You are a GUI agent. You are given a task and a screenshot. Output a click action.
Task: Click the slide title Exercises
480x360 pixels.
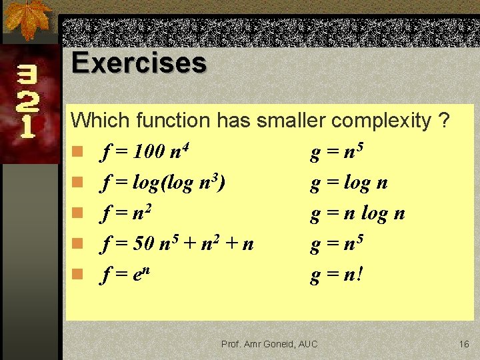click(x=139, y=63)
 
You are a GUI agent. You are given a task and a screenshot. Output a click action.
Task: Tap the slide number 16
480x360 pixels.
click(x=464, y=344)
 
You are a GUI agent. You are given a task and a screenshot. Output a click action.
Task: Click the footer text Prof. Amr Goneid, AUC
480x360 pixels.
click(x=269, y=344)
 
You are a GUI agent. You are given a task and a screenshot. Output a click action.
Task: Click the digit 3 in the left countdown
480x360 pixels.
click(x=27, y=77)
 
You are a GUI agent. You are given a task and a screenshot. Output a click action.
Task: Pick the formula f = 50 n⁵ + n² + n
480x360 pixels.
click(x=177, y=243)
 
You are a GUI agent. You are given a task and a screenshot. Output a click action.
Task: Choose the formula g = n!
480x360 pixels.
click(x=337, y=273)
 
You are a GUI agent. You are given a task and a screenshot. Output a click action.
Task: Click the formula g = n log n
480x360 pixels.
click(x=357, y=213)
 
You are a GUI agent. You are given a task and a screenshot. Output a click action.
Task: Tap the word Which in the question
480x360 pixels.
click(x=100, y=121)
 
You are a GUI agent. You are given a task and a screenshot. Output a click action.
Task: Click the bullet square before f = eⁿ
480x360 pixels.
click(x=77, y=274)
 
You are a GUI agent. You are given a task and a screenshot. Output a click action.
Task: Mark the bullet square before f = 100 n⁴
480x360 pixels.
click(x=77, y=153)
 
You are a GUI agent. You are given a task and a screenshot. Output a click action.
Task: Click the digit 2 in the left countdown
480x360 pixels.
click(x=27, y=101)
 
